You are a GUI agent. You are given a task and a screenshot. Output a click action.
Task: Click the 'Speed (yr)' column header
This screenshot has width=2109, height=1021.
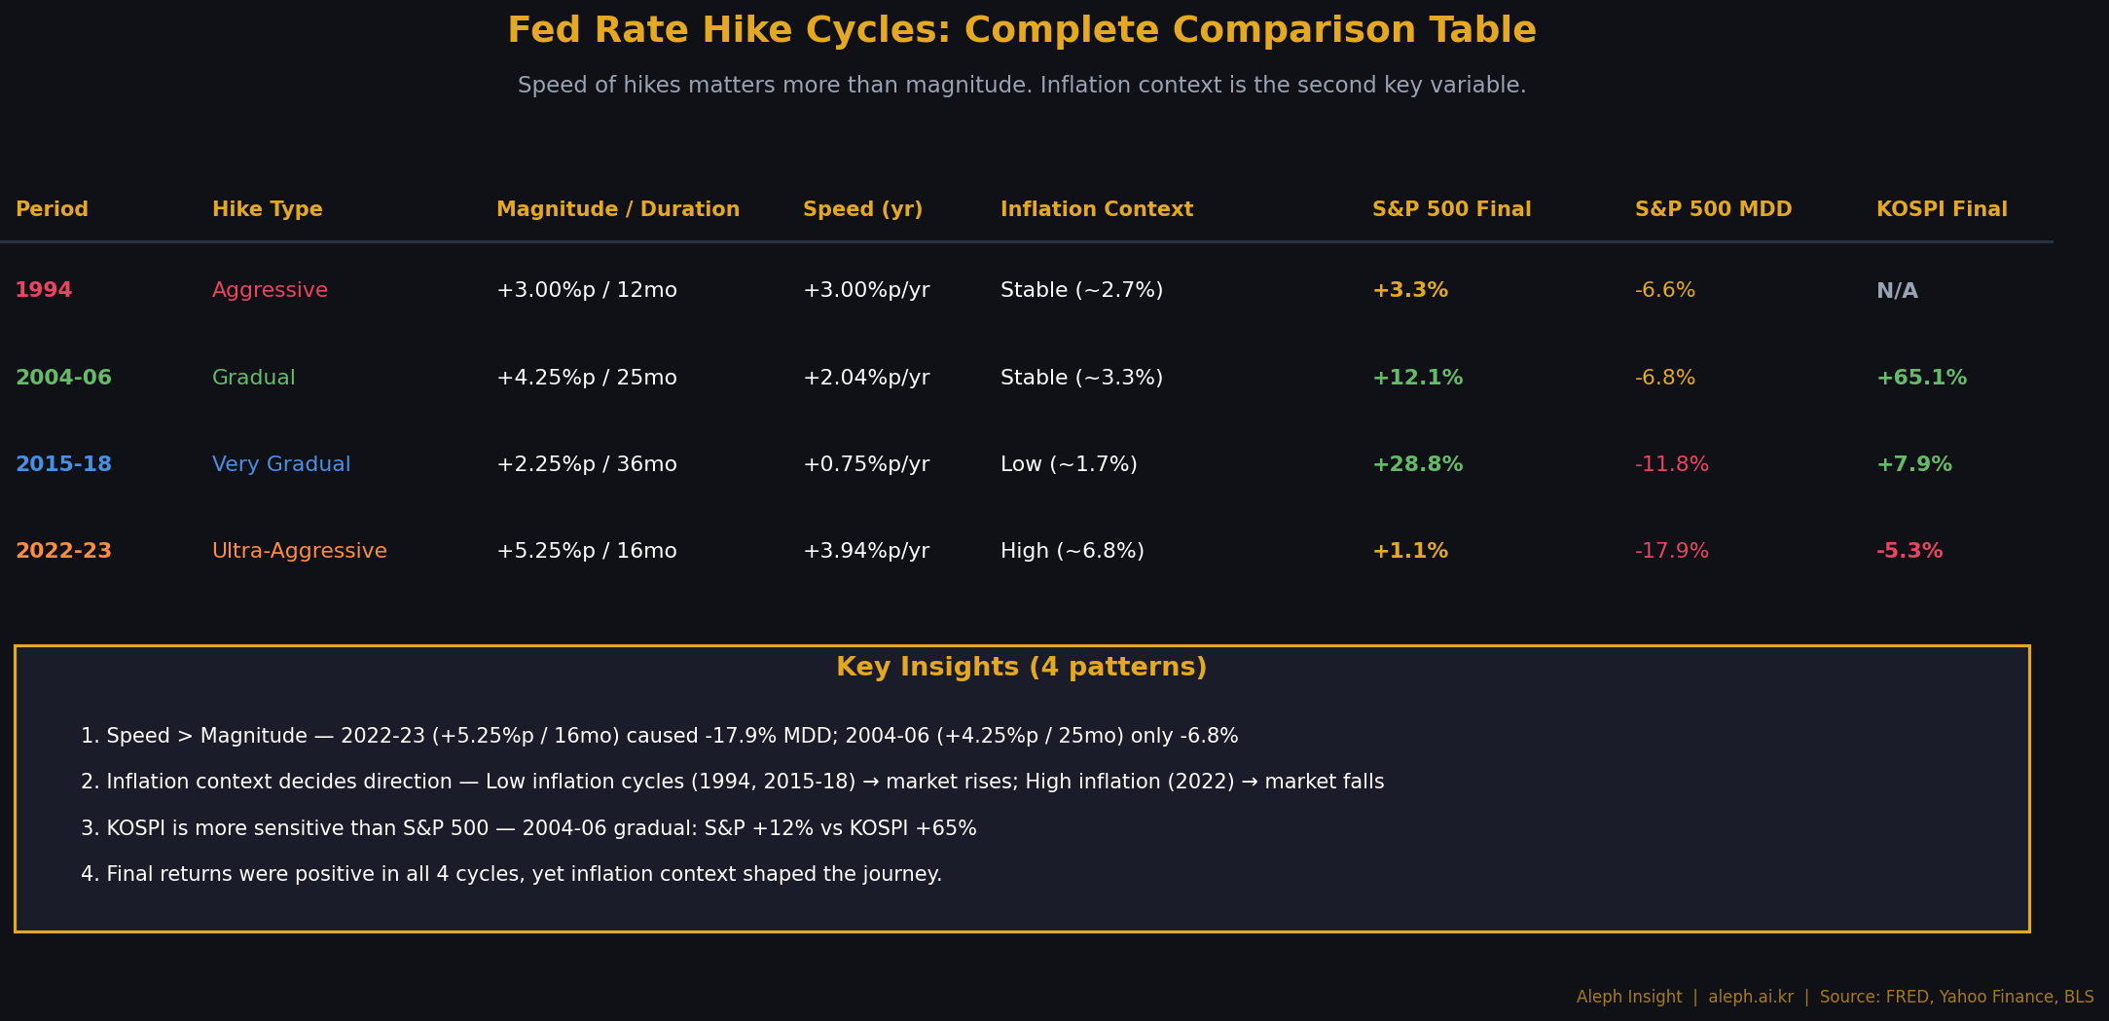click(x=862, y=210)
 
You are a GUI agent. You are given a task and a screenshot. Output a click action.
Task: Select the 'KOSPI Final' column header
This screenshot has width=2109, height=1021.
click(x=1942, y=210)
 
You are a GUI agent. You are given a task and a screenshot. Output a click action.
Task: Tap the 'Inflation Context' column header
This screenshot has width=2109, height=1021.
click(x=1097, y=210)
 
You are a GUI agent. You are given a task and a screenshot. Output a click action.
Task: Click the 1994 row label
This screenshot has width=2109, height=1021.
click(x=44, y=291)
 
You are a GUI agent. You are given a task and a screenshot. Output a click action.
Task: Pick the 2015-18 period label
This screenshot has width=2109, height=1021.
click(x=63, y=465)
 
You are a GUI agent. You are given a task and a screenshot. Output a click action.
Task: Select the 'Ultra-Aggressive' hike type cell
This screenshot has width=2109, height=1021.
click(x=300, y=552)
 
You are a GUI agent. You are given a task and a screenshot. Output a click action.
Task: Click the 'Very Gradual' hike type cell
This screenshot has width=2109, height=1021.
click(x=281, y=465)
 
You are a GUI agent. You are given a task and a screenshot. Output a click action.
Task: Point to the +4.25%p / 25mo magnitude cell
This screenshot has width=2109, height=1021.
click(x=587, y=379)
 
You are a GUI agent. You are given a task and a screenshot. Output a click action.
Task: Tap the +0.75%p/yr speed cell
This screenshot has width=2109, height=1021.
click(x=866, y=465)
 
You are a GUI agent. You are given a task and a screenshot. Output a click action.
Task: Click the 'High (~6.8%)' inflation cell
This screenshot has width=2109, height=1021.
click(x=1073, y=552)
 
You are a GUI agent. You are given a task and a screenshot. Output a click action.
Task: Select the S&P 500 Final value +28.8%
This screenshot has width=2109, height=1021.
click(x=1417, y=465)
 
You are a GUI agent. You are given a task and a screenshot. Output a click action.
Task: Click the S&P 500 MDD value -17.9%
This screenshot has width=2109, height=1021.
click(x=1672, y=552)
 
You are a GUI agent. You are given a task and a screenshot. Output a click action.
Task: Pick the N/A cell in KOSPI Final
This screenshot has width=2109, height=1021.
click(x=1897, y=291)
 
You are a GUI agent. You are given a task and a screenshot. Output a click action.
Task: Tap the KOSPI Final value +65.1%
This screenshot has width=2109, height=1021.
click(x=1921, y=379)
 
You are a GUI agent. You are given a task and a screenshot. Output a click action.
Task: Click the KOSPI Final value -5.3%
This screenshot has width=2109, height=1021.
click(x=1909, y=552)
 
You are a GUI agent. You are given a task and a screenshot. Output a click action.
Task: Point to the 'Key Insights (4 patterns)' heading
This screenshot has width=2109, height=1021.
click(x=1022, y=668)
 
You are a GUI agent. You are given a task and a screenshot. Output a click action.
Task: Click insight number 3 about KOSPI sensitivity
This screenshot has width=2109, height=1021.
click(x=528, y=829)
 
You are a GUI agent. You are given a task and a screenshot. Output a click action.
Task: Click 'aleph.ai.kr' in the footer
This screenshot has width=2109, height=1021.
click(x=1751, y=998)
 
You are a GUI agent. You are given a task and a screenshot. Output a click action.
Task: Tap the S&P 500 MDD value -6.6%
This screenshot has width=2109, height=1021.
click(x=1665, y=291)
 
